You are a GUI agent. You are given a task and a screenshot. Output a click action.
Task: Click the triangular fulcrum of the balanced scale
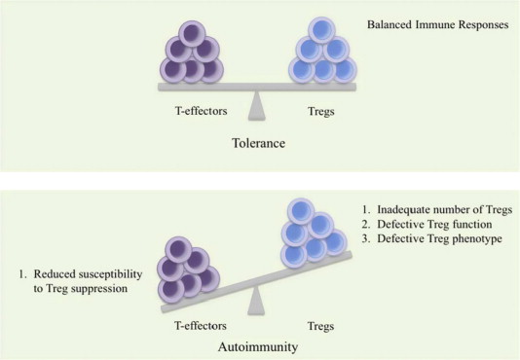click(x=259, y=104)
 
